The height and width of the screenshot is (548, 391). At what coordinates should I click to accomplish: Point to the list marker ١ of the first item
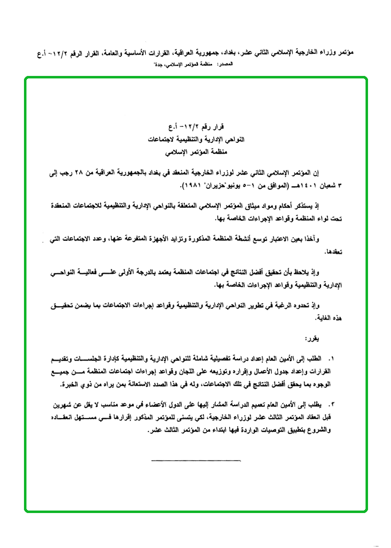point(331,359)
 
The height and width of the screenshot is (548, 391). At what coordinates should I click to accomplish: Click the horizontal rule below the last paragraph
point(188,459)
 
